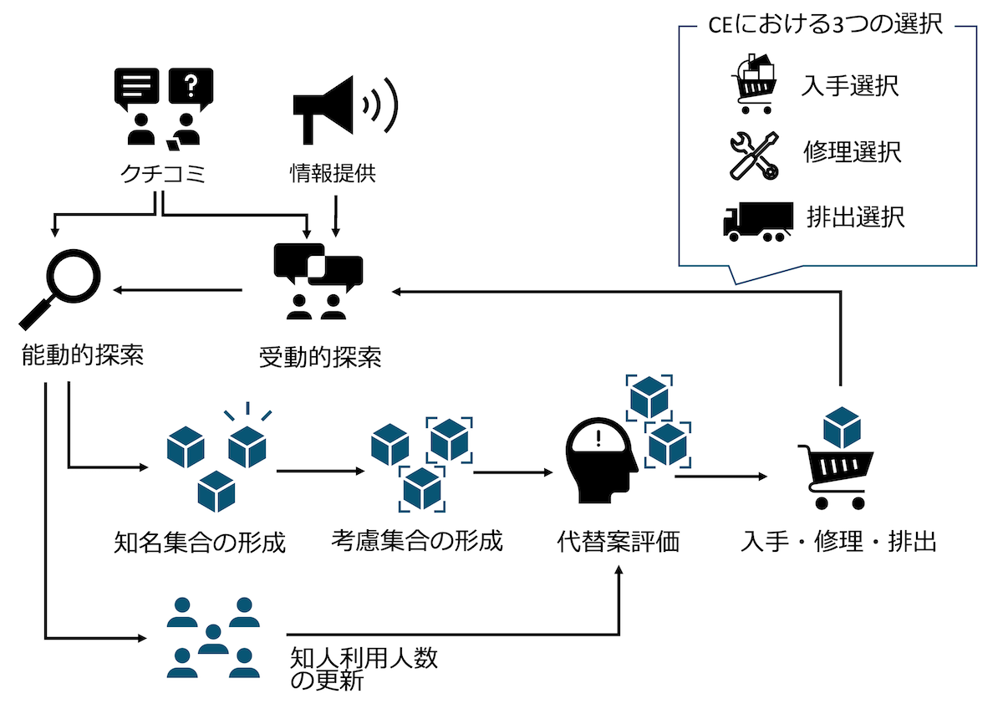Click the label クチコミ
pos(161,174)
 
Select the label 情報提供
pos(333,174)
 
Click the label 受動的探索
pos(320,358)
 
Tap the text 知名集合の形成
pos(200,543)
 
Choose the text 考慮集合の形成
pos(417,541)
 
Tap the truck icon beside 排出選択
pos(757,222)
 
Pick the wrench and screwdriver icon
pos(754,155)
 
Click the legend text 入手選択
pos(850,86)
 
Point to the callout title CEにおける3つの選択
pos(826,26)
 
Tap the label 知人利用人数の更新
pos(364,669)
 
